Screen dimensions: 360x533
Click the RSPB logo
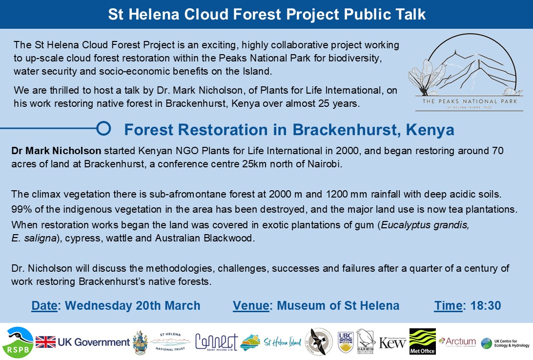pos(18,342)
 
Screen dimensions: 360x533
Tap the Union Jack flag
pos(45,342)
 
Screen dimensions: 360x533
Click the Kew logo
pos(392,342)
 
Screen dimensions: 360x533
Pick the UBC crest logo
pos(345,341)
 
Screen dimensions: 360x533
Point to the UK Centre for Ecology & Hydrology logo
pos(505,343)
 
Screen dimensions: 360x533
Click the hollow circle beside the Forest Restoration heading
pos(103,129)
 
